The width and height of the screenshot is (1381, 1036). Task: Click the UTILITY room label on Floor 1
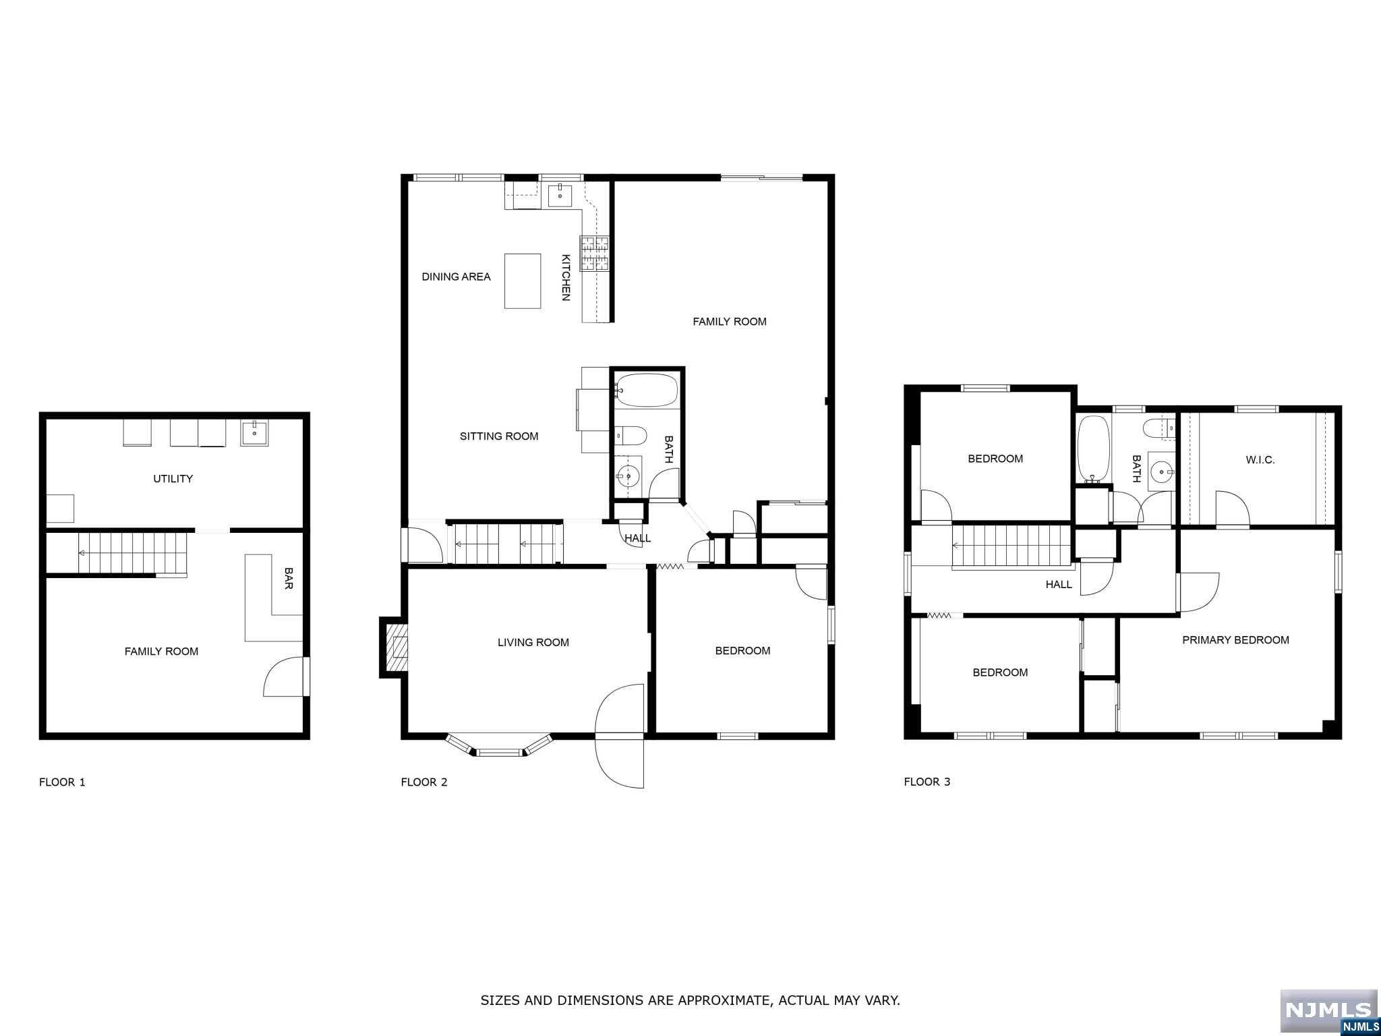point(173,478)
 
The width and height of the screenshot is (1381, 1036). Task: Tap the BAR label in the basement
point(289,578)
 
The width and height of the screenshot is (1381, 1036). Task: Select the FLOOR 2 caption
point(424,782)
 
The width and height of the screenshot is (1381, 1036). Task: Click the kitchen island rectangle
point(523,281)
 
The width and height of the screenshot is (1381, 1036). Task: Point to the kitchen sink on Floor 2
point(560,196)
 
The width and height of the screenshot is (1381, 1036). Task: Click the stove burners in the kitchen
point(594,253)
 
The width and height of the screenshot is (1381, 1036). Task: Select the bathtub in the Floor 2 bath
point(646,390)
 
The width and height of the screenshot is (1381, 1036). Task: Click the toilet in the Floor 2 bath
point(630,435)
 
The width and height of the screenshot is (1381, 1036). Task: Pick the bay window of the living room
point(500,745)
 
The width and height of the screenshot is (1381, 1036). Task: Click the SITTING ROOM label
point(499,436)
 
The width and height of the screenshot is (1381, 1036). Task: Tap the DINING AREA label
point(456,277)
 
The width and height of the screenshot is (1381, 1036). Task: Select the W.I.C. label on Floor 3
point(1260,460)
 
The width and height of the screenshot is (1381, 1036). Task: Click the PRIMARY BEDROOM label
point(1235,640)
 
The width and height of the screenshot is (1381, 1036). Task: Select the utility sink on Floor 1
point(254,432)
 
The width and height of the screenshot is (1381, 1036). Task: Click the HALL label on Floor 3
point(1059,584)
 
